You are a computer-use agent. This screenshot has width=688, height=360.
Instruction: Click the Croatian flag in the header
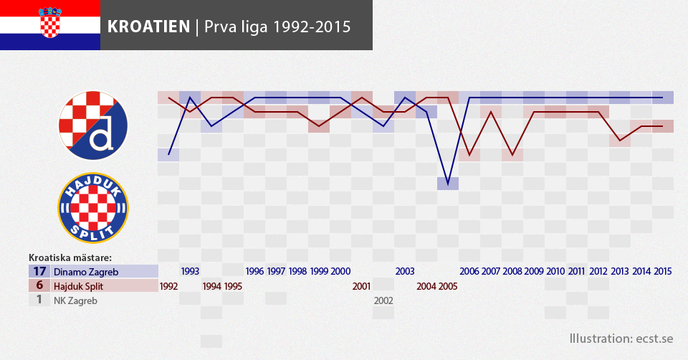point(50,25)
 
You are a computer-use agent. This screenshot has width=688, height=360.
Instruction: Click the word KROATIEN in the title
point(148,27)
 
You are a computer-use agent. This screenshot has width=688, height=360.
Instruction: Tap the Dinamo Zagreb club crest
point(92,126)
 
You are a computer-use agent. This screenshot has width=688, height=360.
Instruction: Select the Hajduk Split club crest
point(92,208)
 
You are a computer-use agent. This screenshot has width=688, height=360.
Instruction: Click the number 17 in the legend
point(39,272)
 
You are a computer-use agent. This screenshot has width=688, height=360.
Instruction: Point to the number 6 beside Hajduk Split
point(39,286)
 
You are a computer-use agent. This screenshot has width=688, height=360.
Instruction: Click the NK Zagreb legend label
point(75,300)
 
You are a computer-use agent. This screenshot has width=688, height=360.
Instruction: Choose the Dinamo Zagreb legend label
point(85,272)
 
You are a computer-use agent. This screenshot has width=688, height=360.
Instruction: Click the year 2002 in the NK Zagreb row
point(383,300)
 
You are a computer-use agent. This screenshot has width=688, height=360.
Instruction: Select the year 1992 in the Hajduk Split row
point(168,286)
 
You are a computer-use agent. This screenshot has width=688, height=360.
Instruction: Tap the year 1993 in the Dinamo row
point(190,272)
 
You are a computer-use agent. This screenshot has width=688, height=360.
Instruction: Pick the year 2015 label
point(662,272)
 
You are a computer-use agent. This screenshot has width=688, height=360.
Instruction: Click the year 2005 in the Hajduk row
point(448,286)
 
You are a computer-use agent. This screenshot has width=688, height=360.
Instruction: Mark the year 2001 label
point(362,286)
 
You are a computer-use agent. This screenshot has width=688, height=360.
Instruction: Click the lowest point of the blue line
point(448,184)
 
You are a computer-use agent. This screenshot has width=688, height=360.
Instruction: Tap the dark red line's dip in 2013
point(620,141)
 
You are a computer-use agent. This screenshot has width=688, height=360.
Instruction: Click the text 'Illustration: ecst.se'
point(621,338)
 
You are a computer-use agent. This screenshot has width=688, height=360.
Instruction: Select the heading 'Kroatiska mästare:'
point(70,257)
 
